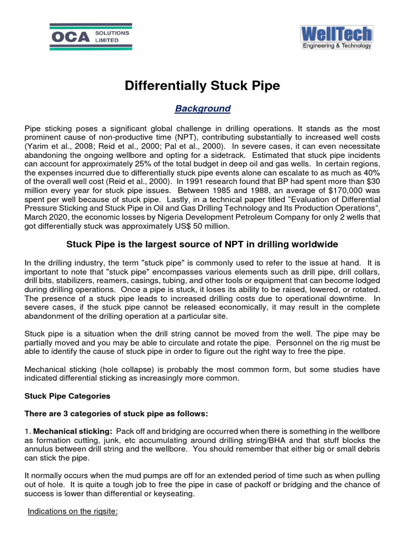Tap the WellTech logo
[x=336, y=34]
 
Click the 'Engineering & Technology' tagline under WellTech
[x=336, y=46]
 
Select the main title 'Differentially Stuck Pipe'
[x=202, y=86]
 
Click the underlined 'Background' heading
[x=203, y=109]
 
